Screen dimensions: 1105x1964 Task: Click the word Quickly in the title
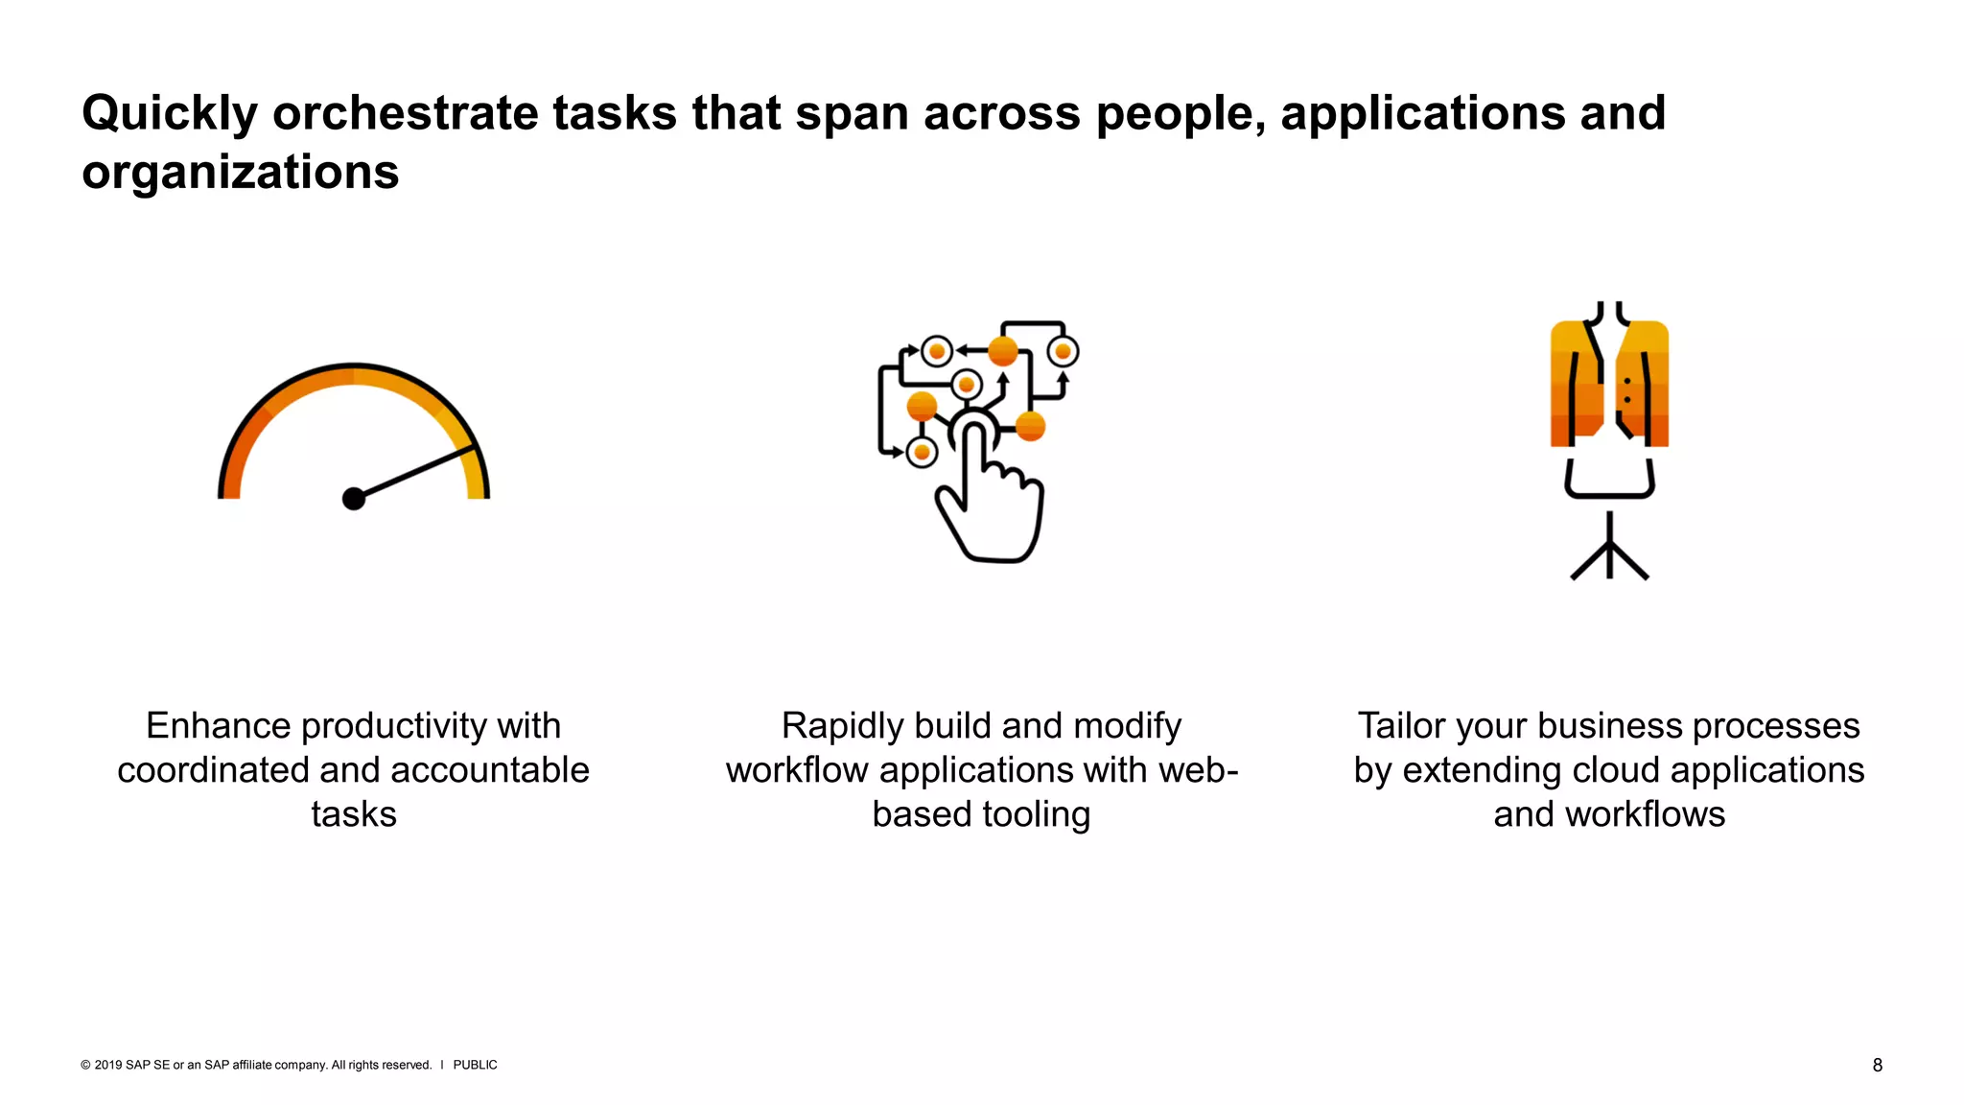coord(169,114)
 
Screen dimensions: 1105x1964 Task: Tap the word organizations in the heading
coord(240,173)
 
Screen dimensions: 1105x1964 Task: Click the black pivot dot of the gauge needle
coord(354,499)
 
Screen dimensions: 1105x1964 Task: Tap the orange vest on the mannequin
coord(1609,384)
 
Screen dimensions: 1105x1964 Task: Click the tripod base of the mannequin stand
coord(1609,561)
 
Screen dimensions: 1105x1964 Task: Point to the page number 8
coord(1877,1066)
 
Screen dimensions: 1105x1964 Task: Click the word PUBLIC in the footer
coord(475,1065)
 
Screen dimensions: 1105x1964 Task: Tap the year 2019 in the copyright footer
coord(108,1065)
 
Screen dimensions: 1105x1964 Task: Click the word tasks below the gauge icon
coord(354,814)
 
